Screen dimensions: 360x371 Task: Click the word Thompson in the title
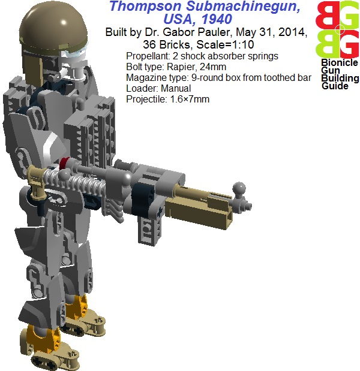tap(145, 7)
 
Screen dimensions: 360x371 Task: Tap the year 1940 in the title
tap(217, 19)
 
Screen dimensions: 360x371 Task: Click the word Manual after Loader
tap(176, 89)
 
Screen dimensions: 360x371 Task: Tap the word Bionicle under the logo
tap(340, 63)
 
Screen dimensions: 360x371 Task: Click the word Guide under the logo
tap(335, 86)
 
